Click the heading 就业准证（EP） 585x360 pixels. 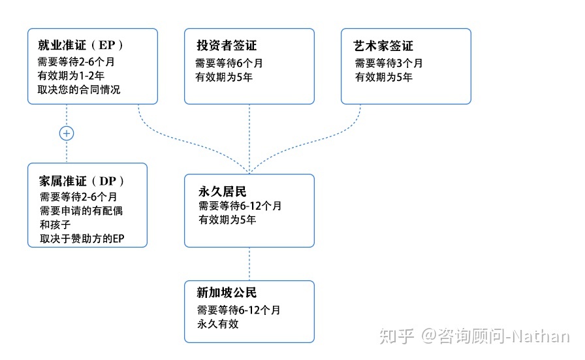coord(80,46)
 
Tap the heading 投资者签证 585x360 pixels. coord(227,46)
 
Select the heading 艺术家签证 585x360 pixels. coord(383,46)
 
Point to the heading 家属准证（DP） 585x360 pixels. coord(82,181)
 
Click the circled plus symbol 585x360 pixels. coord(67,133)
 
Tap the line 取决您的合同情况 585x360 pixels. coord(79,90)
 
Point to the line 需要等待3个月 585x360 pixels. coord(388,63)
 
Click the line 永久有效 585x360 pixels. coord(217,323)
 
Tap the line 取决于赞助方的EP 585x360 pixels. coord(82,239)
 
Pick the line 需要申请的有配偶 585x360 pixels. coord(81,210)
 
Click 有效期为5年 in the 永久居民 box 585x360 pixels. coord(227,220)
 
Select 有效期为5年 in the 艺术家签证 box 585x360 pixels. coord(383,77)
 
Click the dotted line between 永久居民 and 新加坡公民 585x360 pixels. coord(249,264)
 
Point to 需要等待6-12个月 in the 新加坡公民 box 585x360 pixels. coord(239,310)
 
